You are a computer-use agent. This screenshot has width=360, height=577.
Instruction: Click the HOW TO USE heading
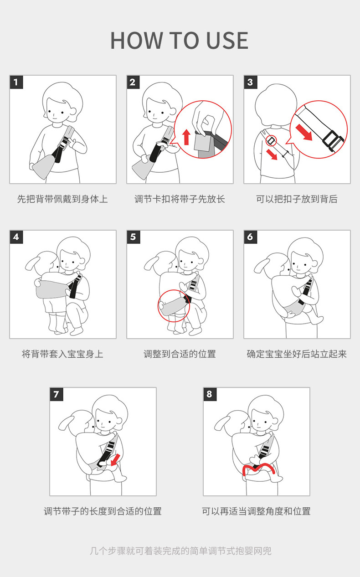[180, 41]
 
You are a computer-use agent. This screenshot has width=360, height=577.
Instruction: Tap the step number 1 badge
[16, 82]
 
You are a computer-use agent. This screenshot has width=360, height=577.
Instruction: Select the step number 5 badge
[134, 237]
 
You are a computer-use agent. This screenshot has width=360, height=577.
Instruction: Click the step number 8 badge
[210, 394]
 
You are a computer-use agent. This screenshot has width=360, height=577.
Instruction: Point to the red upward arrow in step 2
[186, 137]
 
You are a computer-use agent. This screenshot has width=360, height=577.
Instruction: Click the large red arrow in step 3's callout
[304, 132]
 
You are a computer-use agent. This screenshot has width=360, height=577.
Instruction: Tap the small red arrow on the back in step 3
[272, 155]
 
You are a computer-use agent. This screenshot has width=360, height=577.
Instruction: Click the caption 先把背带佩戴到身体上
[62, 199]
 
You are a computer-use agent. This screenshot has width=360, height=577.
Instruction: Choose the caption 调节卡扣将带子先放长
[180, 199]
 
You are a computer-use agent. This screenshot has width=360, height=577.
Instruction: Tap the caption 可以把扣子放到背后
[297, 199]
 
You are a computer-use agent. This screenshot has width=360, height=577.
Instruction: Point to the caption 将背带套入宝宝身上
[62, 354]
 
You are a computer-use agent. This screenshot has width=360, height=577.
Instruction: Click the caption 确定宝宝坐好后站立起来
[297, 354]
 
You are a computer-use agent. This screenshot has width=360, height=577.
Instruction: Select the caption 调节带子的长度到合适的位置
[103, 511]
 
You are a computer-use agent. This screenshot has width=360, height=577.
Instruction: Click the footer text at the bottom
[180, 551]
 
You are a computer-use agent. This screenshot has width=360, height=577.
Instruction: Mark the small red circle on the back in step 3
[271, 141]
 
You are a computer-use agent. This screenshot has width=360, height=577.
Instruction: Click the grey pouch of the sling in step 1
[44, 165]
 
